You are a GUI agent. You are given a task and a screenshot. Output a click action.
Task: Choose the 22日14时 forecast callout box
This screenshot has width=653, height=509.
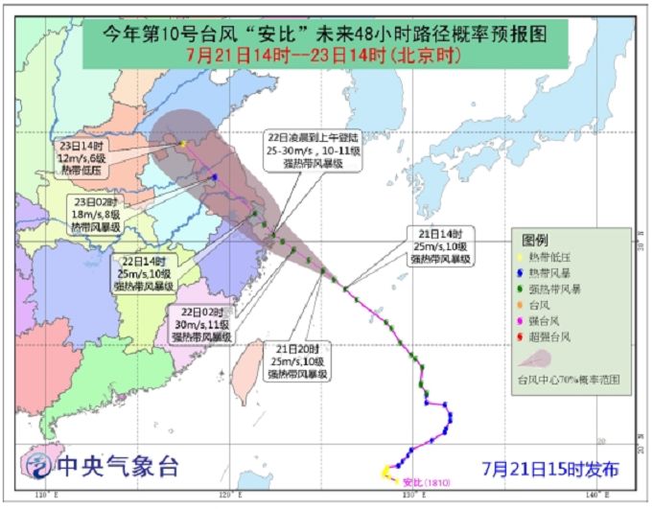pos(143,273)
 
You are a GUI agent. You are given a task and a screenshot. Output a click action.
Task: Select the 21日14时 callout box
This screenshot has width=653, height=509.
pos(440,246)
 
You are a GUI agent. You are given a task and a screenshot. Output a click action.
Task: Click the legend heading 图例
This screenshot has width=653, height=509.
pos(534,239)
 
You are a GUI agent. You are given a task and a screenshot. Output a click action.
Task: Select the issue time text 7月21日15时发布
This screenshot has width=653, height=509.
pos(551,469)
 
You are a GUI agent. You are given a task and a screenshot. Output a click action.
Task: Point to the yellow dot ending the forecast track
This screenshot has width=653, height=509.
pos(182,144)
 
